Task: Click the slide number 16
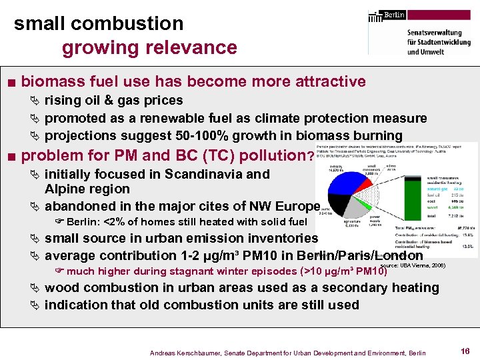click(465, 350)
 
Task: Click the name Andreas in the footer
click(164, 352)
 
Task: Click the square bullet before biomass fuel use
click(11, 83)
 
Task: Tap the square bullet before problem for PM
click(11, 157)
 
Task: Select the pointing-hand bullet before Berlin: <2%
click(60, 222)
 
